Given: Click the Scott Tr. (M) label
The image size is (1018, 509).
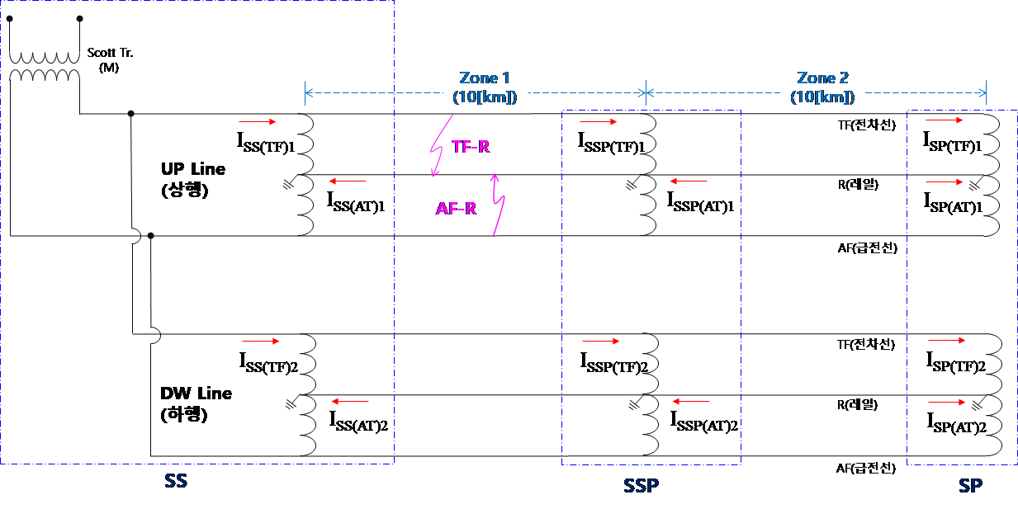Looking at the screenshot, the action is click(110, 60).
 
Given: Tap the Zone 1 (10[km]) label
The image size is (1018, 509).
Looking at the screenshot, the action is click(485, 87).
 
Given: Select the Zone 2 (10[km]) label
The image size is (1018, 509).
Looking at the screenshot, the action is click(822, 87).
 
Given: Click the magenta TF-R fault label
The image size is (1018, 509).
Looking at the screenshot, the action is click(471, 147).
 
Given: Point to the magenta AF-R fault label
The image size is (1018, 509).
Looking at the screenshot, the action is click(456, 209).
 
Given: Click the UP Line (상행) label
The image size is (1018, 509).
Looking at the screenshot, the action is click(193, 179).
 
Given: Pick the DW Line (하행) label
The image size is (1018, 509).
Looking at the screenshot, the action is click(196, 403).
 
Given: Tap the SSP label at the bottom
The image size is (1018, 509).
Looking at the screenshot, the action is click(641, 486).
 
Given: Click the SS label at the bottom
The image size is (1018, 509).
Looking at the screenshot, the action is click(176, 481).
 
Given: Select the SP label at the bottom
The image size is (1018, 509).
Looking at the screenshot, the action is click(970, 486).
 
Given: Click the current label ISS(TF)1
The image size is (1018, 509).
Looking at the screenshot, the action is click(266, 143).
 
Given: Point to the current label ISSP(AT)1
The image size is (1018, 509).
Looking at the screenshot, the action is click(700, 202).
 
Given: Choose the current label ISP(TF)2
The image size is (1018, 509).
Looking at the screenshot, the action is click(956, 362).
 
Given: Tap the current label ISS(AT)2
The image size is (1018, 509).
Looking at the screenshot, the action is click(358, 422).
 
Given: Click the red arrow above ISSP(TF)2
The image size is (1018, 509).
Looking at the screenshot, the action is click(600, 341).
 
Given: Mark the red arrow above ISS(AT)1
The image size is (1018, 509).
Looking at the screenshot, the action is click(348, 181).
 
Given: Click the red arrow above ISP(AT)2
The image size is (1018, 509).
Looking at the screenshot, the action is click(947, 403).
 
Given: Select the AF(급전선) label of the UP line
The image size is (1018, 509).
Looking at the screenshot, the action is click(868, 248).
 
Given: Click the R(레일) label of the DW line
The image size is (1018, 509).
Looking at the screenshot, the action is click(858, 404).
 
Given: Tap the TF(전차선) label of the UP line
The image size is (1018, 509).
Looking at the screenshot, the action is click(867, 125).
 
